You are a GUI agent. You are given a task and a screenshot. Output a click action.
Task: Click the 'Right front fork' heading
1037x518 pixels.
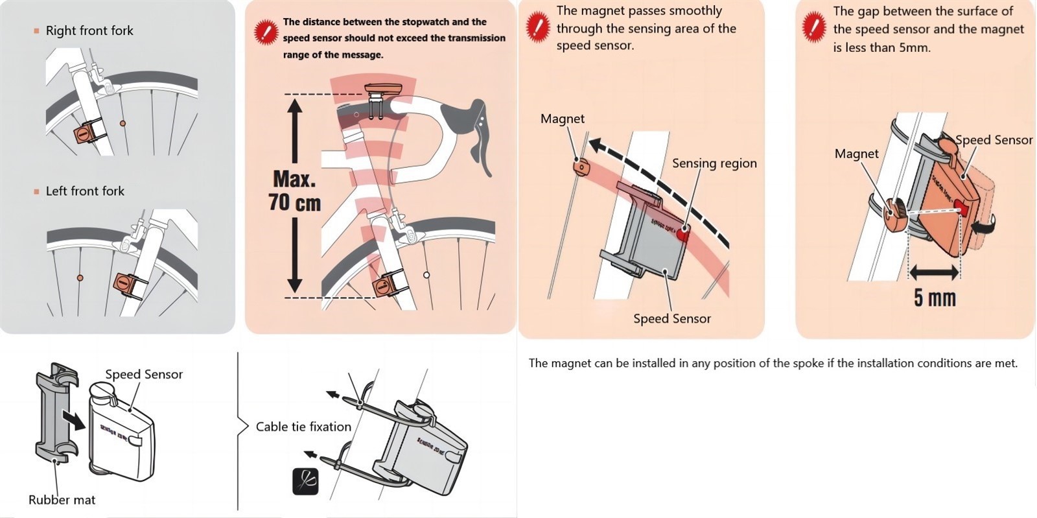click(89, 30)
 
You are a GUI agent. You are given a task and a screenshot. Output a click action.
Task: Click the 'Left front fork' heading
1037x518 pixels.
click(85, 191)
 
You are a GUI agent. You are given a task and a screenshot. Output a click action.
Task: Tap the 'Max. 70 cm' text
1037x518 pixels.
click(295, 191)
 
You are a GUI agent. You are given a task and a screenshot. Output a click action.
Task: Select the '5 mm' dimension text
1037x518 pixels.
click(935, 298)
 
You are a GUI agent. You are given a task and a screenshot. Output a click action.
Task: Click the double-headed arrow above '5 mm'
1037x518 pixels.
click(934, 272)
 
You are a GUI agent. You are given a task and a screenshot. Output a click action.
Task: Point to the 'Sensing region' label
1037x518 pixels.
click(714, 163)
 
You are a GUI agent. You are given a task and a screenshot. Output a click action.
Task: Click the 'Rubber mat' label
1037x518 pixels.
click(62, 500)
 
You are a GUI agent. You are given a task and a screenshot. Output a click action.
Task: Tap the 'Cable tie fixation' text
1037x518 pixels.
click(303, 427)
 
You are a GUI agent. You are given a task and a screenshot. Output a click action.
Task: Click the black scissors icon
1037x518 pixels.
click(305, 482)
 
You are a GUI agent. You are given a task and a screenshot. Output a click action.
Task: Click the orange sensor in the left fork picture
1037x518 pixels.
click(125, 283)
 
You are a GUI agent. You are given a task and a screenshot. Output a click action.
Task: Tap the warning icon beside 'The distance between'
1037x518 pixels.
click(266, 32)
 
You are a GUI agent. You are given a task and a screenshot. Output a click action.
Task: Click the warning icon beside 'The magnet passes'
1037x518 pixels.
click(537, 28)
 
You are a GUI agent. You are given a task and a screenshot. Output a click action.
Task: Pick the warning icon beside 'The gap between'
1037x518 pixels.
click(813, 28)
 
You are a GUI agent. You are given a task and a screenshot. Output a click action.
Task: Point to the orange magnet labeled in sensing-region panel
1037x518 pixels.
click(581, 167)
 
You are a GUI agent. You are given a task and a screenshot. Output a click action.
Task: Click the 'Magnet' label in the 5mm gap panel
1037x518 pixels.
click(856, 154)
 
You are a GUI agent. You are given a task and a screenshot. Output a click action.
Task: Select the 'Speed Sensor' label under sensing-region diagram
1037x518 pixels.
click(671, 319)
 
